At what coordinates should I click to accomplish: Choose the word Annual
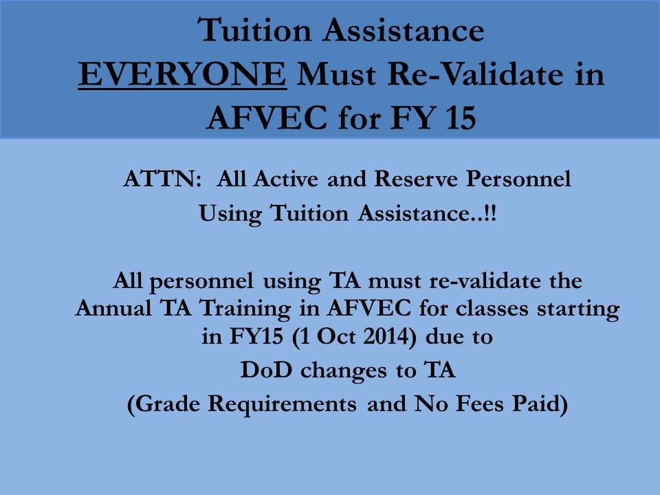tap(113, 309)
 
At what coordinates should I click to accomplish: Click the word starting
tap(577, 310)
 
